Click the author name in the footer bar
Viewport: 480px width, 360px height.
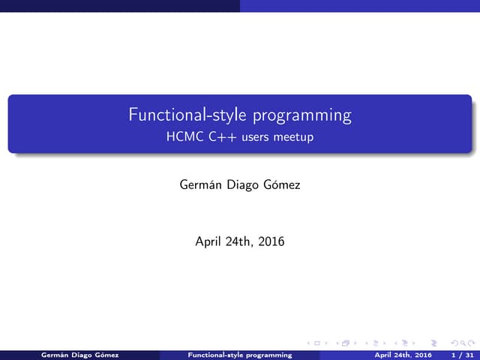pyautogui.click(x=80, y=354)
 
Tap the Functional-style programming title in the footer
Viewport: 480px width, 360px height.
pyautogui.click(x=239, y=354)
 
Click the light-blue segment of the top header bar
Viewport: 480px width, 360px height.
pyautogui.click(x=360, y=5)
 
